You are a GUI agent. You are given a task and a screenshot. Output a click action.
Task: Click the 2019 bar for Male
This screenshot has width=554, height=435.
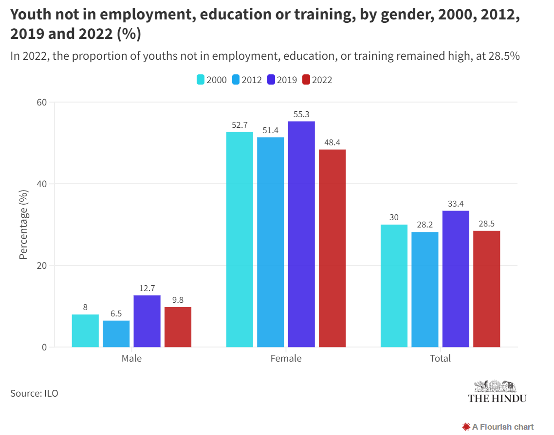coord(147,321)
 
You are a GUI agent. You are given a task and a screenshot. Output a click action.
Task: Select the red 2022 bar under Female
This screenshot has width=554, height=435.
coord(332,248)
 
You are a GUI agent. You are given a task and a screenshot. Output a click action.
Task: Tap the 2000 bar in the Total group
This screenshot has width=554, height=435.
coord(394,286)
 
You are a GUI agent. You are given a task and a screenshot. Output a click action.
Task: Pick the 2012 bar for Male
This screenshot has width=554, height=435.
coord(116,333)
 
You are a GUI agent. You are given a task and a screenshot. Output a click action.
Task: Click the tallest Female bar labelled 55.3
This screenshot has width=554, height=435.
coord(301,234)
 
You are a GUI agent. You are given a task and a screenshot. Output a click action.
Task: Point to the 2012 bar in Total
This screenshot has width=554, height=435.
coord(425,289)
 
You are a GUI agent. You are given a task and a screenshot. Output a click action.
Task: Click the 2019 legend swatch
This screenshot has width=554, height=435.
coord(271,80)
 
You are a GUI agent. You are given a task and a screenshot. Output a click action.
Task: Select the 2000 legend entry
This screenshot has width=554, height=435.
coord(212,80)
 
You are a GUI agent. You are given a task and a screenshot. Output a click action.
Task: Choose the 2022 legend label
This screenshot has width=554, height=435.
coord(322,80)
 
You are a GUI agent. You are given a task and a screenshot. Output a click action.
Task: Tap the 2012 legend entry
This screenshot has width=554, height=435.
coord(247,80)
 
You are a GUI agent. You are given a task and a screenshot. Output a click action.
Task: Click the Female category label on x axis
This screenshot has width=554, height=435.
coord(286,359)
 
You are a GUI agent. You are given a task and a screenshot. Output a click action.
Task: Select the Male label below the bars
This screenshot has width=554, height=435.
coord(131,359)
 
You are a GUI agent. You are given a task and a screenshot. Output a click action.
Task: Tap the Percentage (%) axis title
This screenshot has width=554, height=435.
coord(23,225)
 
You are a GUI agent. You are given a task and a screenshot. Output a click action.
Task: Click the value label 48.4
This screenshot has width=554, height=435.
coord(332,142)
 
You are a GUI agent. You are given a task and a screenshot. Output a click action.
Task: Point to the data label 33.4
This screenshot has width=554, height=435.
coord(456,204)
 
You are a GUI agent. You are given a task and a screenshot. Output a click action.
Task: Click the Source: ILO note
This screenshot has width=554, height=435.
coord(34,393)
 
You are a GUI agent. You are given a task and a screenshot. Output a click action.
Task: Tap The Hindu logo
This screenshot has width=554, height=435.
coord(497,392)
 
